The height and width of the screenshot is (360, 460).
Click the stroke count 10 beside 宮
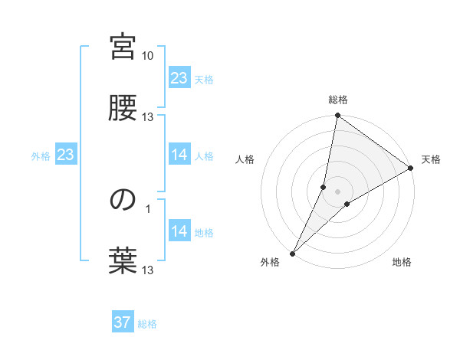pyautogui.click(x=148, y=56)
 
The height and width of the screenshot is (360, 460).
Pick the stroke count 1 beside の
pyautogui.click(x=158, y=208)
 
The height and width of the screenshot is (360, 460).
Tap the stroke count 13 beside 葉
pyautogui.click(x=148, y=270)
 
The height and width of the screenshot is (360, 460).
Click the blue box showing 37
pyautogui.click(x=123, y=322)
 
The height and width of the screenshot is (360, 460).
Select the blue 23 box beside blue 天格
pyautogui.click(x=179, y=78)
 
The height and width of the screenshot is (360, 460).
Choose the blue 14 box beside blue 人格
pyautogui.click(x=179, y=155)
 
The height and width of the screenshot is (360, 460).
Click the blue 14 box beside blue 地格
pyautogui.click(x=179, y=231)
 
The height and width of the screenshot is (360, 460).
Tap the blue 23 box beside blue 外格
pyautogui.click(x=65, y=155)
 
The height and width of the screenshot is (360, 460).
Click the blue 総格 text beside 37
pyautogui.click(x=147, y=324)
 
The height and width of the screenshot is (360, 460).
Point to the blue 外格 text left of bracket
pyautogui.click(x=41, y=156)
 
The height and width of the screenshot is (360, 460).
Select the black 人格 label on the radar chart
pyautogui.click(x=245, y=159)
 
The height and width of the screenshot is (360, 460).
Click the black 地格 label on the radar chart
pyautogui.click(x=402, y=263)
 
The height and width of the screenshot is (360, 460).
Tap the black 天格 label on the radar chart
pyautogui.click(x=431, y=159)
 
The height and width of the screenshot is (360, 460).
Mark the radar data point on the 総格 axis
pyautogui.click(x=337, y=116)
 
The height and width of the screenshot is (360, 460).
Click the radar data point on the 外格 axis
pyautogui.click(x=292, y=254)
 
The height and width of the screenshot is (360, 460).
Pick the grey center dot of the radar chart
pyautogui.click(x=337, y=191)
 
